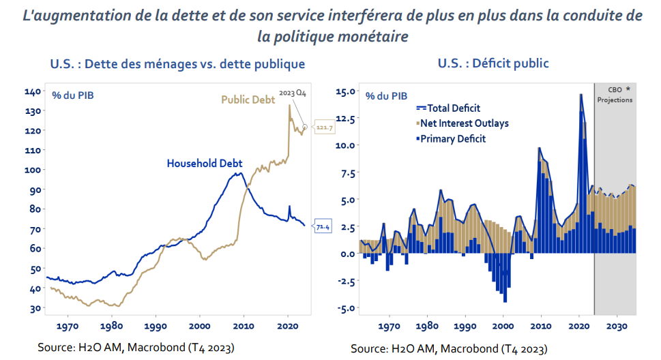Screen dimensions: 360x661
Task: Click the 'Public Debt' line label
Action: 248,100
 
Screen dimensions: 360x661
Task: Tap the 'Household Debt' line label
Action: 205,164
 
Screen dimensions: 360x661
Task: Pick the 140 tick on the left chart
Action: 33,91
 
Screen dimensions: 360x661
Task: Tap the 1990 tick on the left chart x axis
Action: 156,326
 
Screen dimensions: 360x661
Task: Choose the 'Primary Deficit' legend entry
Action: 452,139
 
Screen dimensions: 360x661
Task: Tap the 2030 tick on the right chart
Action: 617,326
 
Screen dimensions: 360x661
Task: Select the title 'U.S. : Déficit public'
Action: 493,63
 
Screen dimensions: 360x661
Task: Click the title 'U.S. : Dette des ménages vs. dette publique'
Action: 177,65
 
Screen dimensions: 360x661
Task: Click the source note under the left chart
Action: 136,348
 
